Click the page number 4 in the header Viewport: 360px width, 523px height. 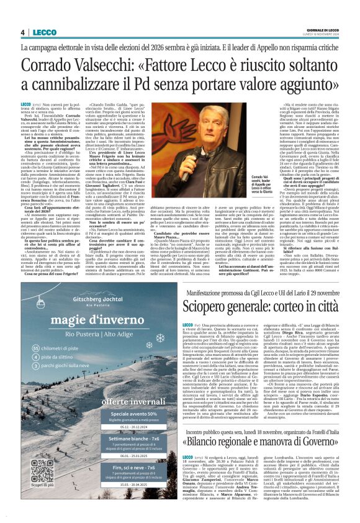[x=22, y=32]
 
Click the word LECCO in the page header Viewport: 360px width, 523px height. [x=45, y=32]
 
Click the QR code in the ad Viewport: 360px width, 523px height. [x=42, y=472]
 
